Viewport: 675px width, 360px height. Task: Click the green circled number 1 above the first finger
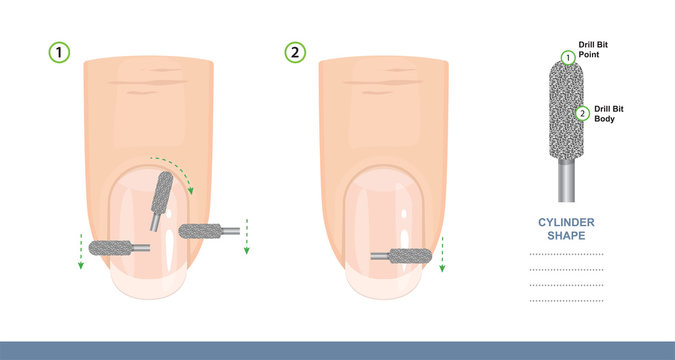[x=60, y=53]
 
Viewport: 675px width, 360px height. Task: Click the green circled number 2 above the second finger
[x=295, y=53]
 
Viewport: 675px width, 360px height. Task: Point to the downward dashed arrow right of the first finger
[x=246, y=238]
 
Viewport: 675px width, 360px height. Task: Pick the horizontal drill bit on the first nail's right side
[x=203, y=231]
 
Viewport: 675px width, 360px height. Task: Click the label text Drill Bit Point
[x=597, y=51]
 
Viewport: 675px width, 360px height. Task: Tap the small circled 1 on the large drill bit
[x=568, y=58]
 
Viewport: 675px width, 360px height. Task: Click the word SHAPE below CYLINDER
[x=565, y=237]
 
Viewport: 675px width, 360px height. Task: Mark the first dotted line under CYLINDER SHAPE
[x=565, y=254]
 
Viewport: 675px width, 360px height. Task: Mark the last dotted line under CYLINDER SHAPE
[x=565, y=300]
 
